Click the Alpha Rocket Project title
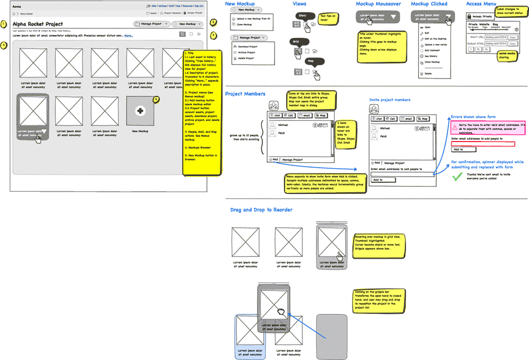pos(38,25)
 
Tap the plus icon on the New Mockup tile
pos(140,111)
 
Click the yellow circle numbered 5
pos(156,100)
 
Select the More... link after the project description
pos(129,35)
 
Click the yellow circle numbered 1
pos(4,25)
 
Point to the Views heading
pos(300,4)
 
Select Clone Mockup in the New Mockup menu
pos(244,25)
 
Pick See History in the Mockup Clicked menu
pos(431,56)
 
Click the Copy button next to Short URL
pos(513,37)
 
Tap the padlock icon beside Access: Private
pos(469,17)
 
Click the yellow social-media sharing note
pos(507,55)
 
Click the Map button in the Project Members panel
pos(322,115)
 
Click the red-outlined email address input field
pos(483,144)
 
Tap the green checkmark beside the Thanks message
pos(458,176)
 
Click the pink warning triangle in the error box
pos(455,128)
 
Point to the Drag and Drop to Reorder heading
pos(261,210)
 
